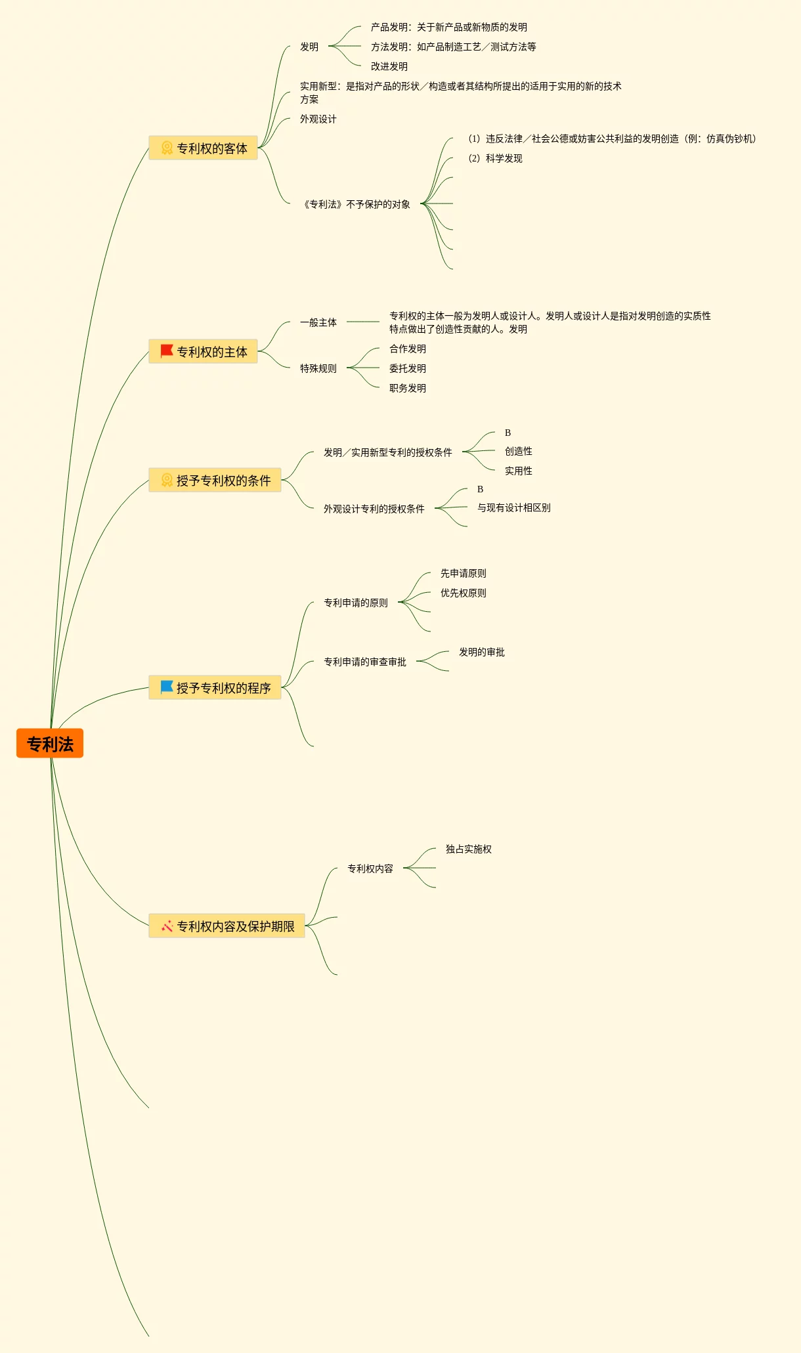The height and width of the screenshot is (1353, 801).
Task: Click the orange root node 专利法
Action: point(50,744)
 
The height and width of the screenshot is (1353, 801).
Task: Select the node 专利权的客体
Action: point(204,148)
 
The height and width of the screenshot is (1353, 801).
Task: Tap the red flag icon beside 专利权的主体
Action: point(167,351)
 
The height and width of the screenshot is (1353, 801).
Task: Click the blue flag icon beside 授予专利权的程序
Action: point(167,687)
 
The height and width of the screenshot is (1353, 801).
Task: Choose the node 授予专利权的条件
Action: point(215,481)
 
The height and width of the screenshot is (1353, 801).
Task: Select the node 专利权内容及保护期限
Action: point(227,926)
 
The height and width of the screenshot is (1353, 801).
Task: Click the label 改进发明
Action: point(389,66)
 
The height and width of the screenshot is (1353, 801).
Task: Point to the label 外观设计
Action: point(318,119)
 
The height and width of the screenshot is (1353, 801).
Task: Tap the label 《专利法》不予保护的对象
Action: point(357,204)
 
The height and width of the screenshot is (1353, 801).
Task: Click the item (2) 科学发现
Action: point(496,158)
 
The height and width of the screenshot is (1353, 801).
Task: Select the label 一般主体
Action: point(318,322)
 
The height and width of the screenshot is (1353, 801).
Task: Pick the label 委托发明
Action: point(408,368)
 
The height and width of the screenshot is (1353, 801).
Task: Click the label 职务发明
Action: point(408,388)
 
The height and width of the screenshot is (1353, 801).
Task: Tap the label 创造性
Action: point(519,451)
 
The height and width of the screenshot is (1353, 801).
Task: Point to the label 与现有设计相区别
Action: point(514,507)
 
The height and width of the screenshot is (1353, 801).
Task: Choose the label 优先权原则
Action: point(464,593)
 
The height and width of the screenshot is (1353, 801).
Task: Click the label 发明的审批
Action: point(482,652)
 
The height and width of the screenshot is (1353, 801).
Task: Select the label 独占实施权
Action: point(469,849)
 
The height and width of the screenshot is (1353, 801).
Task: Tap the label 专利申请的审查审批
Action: point(365,662)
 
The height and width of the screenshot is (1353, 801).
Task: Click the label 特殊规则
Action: point(318,368)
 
